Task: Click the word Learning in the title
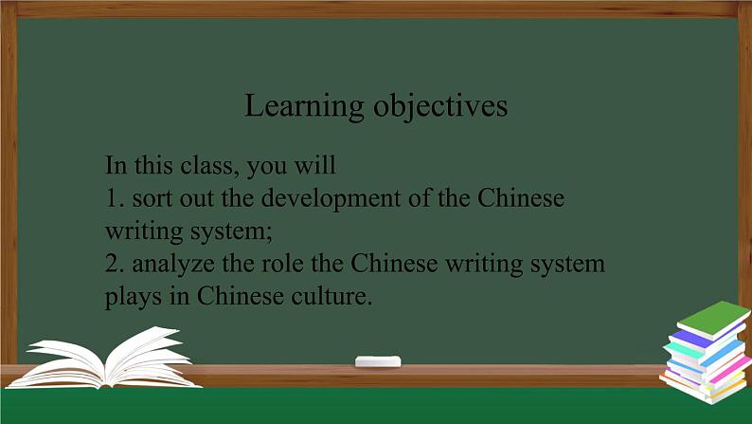pos(304,106)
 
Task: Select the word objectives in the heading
pos(440,105)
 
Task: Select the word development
pos(331,199)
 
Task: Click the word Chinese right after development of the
pos(521,198)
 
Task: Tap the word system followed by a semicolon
pos(228,232)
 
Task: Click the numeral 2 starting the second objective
pos(112,264)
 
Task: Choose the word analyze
pos(173,265)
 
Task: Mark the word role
pos(282,264)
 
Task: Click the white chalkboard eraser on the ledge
pos(378,361)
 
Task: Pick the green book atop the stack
pos(713,319)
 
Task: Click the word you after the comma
pos(266,168)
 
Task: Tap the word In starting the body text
pos(116,166)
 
